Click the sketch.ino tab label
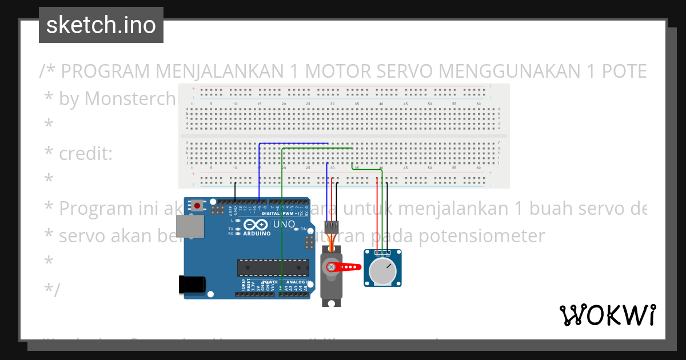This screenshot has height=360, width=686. tap(101, 25)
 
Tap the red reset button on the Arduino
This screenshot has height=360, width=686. tap(197, 205)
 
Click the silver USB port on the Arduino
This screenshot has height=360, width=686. tap(190, 227)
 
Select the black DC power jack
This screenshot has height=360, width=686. tap(192, 285)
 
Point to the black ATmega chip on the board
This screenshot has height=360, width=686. tap(273, 267)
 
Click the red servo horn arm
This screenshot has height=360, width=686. tap(346, 266)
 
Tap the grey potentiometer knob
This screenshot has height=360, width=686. tap(382, 271)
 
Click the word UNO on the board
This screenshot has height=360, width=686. tap(284, 224)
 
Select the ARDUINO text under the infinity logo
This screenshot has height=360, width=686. tap(257, 233)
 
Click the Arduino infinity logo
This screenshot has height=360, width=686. tap(256, 224)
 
